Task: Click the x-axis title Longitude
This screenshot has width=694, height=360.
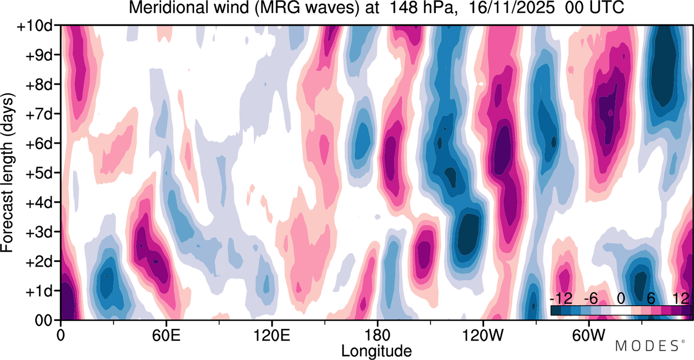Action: coord(376,350)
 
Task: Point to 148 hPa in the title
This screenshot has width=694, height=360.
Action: coord(404,9)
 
